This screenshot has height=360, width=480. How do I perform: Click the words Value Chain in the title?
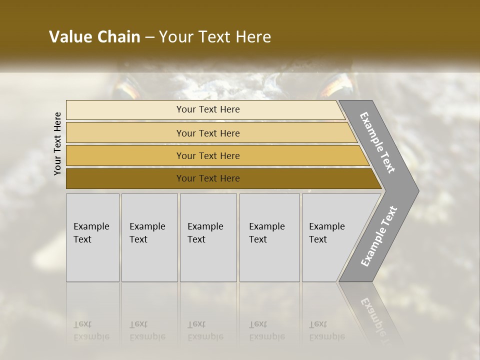tap(94, 37)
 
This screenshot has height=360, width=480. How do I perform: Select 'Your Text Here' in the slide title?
tap(215, 37)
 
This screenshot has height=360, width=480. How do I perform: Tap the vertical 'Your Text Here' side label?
tap(57, 143)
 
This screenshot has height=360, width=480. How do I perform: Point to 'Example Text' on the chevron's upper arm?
tap(377, 142)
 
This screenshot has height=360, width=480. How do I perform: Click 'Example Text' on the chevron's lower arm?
tap(378, 236)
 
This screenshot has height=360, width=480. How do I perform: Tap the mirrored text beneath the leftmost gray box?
tap(91, 330)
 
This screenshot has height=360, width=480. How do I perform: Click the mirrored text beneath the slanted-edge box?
tap(326, 330)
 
